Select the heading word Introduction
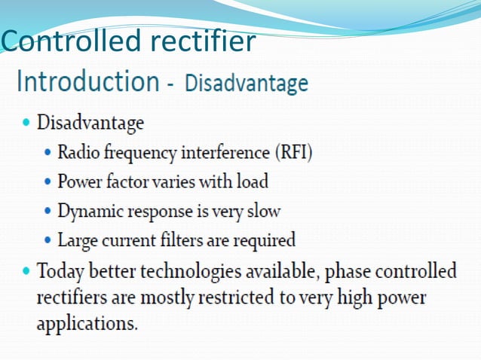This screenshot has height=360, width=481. [x=87, y=81]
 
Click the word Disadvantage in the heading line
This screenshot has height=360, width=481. [x=247, y=83]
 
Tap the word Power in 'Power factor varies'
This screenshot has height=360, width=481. [x=79, y=182]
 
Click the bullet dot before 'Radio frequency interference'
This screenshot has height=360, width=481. [x=48, y=153]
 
